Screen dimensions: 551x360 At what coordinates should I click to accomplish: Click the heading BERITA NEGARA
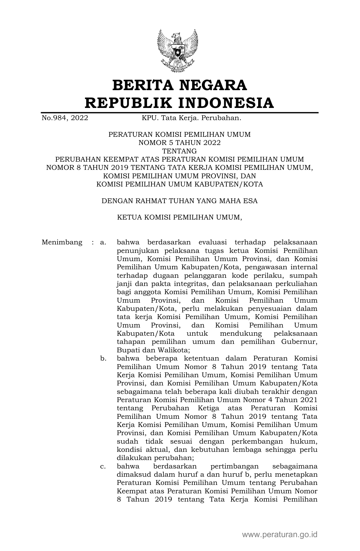pos(180,85)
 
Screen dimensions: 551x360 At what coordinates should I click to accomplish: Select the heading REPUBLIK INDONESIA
pos(180,103)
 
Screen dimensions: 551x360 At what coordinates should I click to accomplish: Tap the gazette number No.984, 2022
pos(65,118)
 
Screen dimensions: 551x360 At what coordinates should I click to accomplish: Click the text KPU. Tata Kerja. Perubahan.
pos(191,118)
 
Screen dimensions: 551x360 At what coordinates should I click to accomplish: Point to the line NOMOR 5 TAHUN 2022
pos(180,143)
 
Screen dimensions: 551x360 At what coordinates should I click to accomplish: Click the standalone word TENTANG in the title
pos(180,151)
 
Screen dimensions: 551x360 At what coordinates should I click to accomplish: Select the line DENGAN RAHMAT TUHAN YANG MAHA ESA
pos(180,201)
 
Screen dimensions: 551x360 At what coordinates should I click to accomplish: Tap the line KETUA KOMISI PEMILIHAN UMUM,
pos(180,218)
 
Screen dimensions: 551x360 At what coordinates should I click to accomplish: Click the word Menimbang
pos(62,242)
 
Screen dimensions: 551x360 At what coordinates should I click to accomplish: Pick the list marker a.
pos(103,242)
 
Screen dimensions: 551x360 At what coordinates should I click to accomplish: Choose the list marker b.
pos(103,359)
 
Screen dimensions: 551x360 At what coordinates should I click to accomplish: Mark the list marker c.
pos(103,467)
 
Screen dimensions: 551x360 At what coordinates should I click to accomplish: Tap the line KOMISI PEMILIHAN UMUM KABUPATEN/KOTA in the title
pos(180,184)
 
